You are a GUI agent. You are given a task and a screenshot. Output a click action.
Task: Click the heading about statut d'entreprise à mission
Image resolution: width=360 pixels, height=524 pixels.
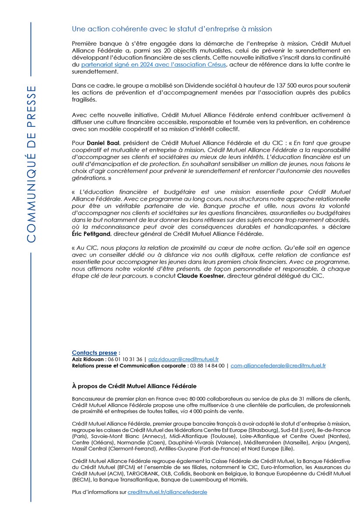pos(172,29)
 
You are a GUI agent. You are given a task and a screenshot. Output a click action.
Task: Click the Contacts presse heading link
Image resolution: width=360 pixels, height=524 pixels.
pos(94,353)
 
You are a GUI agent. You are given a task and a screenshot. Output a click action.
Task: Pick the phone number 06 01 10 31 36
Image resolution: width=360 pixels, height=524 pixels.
pos(124,359)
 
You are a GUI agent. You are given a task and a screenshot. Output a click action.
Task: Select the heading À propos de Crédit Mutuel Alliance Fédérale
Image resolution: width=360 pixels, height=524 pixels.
pos(134,386)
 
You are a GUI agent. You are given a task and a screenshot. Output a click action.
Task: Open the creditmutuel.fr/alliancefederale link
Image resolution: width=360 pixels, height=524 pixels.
pos(167,492)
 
